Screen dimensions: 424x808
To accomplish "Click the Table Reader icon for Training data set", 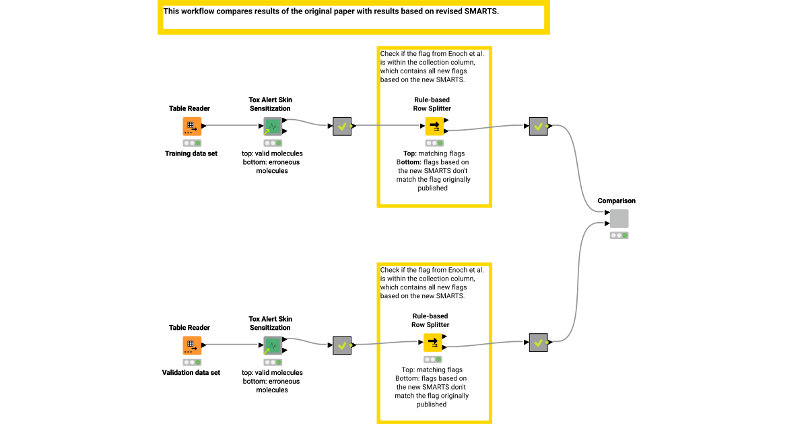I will coord(192,126).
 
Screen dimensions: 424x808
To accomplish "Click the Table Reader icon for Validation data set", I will coord(192,345).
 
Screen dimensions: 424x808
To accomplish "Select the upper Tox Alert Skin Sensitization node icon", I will coord(273,126).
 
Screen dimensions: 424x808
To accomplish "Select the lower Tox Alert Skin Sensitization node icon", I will coord(273,345).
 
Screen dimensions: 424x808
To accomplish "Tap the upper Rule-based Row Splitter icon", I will coord(434,126).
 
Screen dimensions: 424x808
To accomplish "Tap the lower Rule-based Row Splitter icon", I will coord(433,343).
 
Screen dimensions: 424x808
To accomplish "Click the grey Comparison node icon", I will coord(619,219).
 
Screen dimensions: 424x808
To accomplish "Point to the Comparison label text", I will coord(616,201).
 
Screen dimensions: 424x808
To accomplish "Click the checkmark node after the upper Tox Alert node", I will coord(342,126).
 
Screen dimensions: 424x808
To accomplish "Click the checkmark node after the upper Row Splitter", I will coord(538,126).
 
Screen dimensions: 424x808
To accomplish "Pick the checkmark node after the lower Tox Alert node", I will coord(342,345).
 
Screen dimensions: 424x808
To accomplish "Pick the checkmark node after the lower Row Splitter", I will coord(538,343).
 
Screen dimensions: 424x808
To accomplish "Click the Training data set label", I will coord(191,153).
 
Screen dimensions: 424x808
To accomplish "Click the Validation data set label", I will coord(191,372).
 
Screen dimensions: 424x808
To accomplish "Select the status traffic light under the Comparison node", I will coord(619,236).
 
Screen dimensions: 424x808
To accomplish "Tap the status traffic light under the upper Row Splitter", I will coord(434,143).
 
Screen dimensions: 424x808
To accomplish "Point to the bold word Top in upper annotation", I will coord(409,153).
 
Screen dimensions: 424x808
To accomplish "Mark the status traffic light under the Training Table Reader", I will coord(192,143).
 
